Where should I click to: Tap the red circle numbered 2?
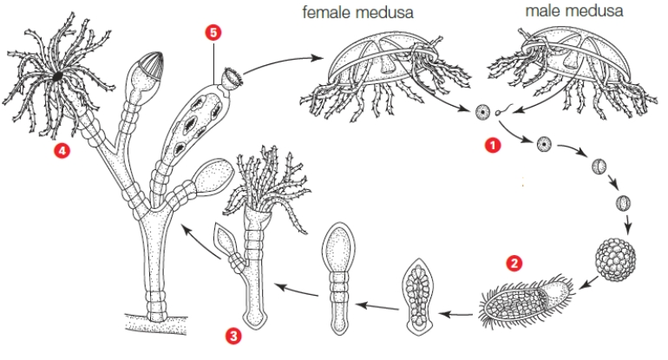(x=514, y=260)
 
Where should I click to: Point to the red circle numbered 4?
(x=62, y=151)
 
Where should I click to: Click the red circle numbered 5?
(x=213, y=32)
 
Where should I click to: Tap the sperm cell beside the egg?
(x=502, y=112)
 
